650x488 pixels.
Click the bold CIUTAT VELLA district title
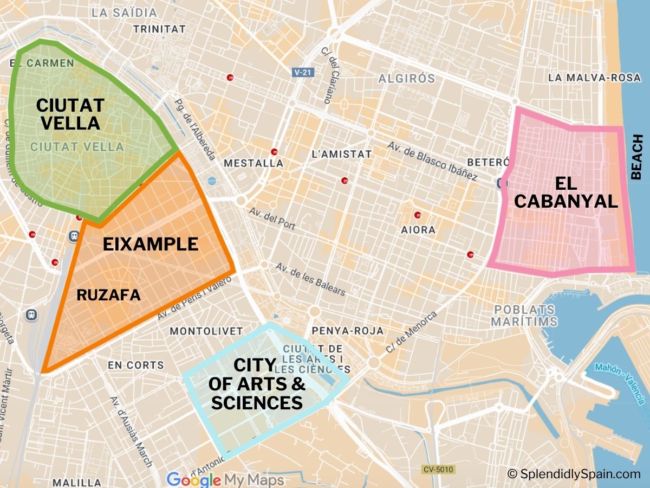70,114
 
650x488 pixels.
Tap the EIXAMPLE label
151,245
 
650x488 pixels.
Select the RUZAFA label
108,295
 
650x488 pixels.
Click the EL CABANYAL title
565,192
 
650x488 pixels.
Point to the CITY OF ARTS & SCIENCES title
257,384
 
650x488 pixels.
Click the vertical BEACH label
637,158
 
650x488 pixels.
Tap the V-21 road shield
303,72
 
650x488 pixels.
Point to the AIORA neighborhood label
418,230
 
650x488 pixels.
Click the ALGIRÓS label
406,79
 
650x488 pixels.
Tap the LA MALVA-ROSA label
594,78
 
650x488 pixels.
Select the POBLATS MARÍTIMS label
524,316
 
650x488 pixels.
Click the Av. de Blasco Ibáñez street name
432,161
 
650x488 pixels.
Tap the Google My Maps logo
225,480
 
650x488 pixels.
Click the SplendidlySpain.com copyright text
574,474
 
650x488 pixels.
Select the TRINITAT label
159,29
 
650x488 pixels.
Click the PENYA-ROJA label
348,331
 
